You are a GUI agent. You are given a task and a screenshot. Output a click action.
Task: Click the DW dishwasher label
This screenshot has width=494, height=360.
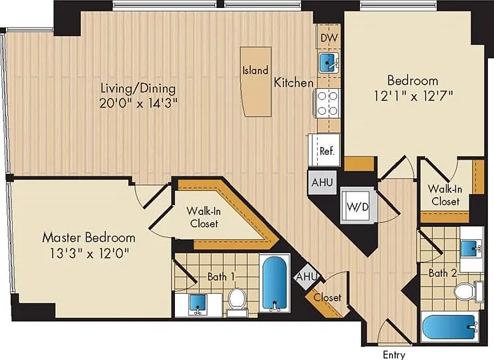[329, 38]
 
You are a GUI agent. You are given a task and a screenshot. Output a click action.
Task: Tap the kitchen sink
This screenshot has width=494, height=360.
[328, 63]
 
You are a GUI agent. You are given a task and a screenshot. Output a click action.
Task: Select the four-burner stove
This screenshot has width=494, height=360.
[327, 104]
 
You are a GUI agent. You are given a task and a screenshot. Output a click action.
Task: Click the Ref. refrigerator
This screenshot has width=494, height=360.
[324, 150]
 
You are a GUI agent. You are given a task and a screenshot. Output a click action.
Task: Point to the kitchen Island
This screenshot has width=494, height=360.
[256, 82]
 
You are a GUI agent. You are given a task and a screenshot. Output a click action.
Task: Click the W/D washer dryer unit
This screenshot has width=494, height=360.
[358, 206]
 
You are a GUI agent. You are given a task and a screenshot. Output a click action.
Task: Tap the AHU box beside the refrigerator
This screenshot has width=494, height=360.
[322, 182]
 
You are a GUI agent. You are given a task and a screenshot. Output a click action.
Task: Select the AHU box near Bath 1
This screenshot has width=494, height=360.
[306, 277]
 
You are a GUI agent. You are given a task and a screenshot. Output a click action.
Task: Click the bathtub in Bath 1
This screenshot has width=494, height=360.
[274, 283]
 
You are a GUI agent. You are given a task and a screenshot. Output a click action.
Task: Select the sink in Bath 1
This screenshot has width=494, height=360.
[198, 305]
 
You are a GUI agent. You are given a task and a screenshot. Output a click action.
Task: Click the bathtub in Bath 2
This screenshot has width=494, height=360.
[449, 327]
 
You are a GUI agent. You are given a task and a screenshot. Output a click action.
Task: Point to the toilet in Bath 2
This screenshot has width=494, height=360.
[468, 292]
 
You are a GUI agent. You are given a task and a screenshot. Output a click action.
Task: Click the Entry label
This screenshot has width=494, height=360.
[393, 355]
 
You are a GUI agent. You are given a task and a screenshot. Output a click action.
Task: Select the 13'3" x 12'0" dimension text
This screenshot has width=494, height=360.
[89, 253]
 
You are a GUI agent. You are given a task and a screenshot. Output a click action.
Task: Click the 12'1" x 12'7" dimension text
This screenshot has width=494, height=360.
[413, 96]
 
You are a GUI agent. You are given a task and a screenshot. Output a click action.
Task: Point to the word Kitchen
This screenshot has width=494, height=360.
[294, 83]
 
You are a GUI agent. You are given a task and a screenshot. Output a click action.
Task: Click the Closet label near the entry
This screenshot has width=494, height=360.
[327, 297]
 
